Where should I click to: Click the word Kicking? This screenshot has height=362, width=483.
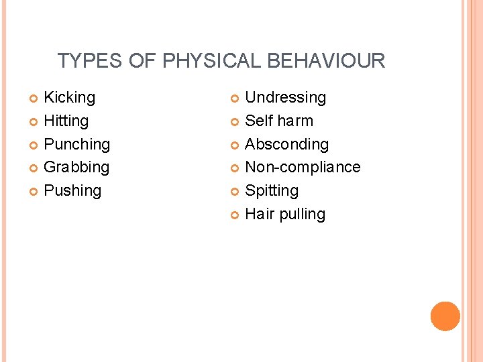pyautogui.click(x=69, y=98)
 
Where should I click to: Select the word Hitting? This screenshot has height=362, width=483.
pyautogui.click(x=66, y=121)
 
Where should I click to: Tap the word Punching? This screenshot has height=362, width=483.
pyautogui.click(x=76, y=145)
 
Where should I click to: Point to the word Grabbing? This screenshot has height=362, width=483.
pyautogui.click(x=76, y=168)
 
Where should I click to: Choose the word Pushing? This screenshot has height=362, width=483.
pyautogui.click(x=72, y=191)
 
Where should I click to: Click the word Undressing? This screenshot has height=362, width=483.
pyautogui.click(x=286, y=98)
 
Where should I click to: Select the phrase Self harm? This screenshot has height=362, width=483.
pyautogui.click(x=279, y=121)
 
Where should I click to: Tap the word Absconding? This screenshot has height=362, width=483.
pyautogui.click(x=287, y=145)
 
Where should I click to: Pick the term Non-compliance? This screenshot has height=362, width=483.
pyautogui.click(x=303, y=168)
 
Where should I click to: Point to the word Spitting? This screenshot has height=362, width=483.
pyautogui.click(x=272, y=191)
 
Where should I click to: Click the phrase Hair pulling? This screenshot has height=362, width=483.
pyautogui.click(x=285, y=215)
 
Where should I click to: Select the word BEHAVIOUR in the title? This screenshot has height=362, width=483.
pyautogui.click(x=326, y=61)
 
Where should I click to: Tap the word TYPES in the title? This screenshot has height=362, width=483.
pyautogui.click(x=89, y=61)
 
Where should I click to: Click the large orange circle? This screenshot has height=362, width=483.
pyautogui.click(x=445, y=316)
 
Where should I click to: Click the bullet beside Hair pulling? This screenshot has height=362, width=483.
pyautogui.click(x=235, y=215)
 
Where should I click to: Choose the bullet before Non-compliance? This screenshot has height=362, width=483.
pyautogui.click(x=235, y=168)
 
